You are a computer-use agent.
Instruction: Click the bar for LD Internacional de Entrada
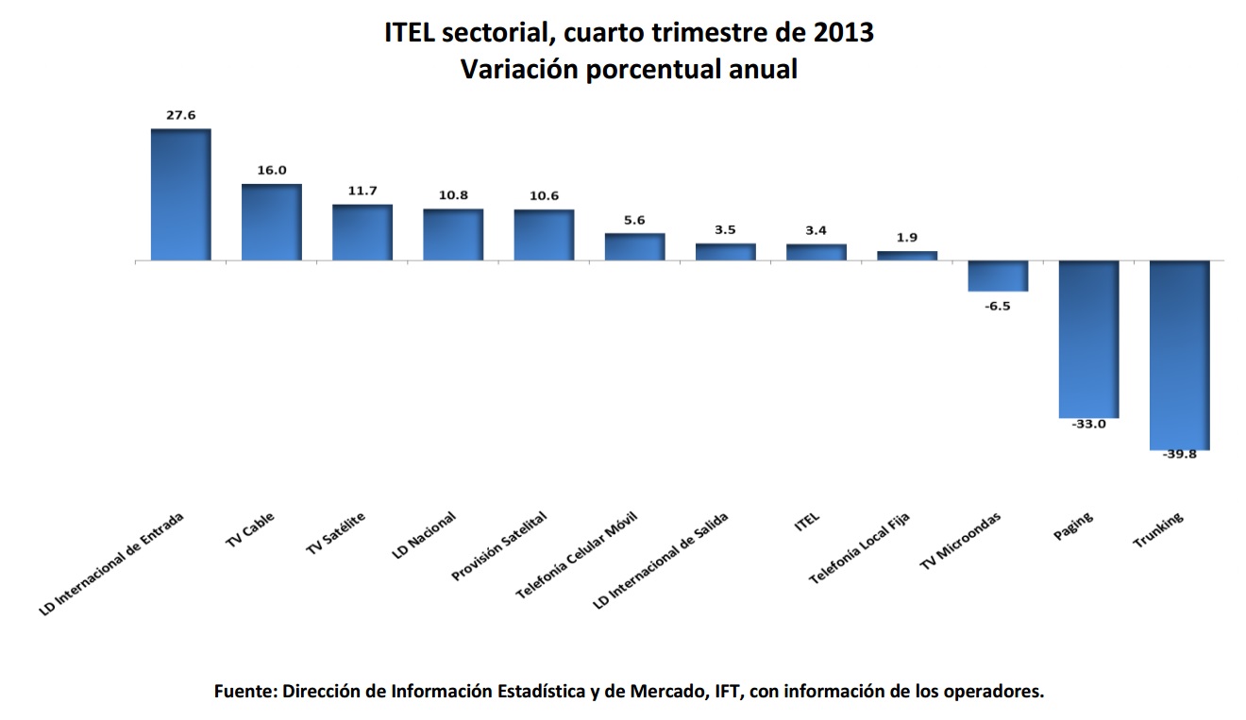[x=181, y=194]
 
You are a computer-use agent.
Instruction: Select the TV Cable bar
[x=272, y=222]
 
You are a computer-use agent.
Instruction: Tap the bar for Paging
[x=1088, y=339]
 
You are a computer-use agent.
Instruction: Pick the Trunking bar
[x=1179, y=355]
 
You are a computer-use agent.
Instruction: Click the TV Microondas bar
[x=998, y=276]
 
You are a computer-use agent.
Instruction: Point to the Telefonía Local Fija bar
[x=907, y=256]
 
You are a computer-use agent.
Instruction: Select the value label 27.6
[x=180, y=115]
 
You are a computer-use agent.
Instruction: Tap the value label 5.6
[x=634, y=220]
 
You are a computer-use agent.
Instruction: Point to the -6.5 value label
[x=998, y=307]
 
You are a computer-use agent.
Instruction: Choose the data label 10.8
[x=453, y=195]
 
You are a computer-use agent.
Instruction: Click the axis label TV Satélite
[x=335, y=534]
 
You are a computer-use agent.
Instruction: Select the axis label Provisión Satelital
[x=498, y=546]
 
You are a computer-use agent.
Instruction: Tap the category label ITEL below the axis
[x=807, y=520]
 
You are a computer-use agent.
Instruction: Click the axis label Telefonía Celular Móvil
[x=576, y=557]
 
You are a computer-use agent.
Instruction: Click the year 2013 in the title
[x=842, y=33]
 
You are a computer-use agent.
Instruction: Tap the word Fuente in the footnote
[x=244, y=691]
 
